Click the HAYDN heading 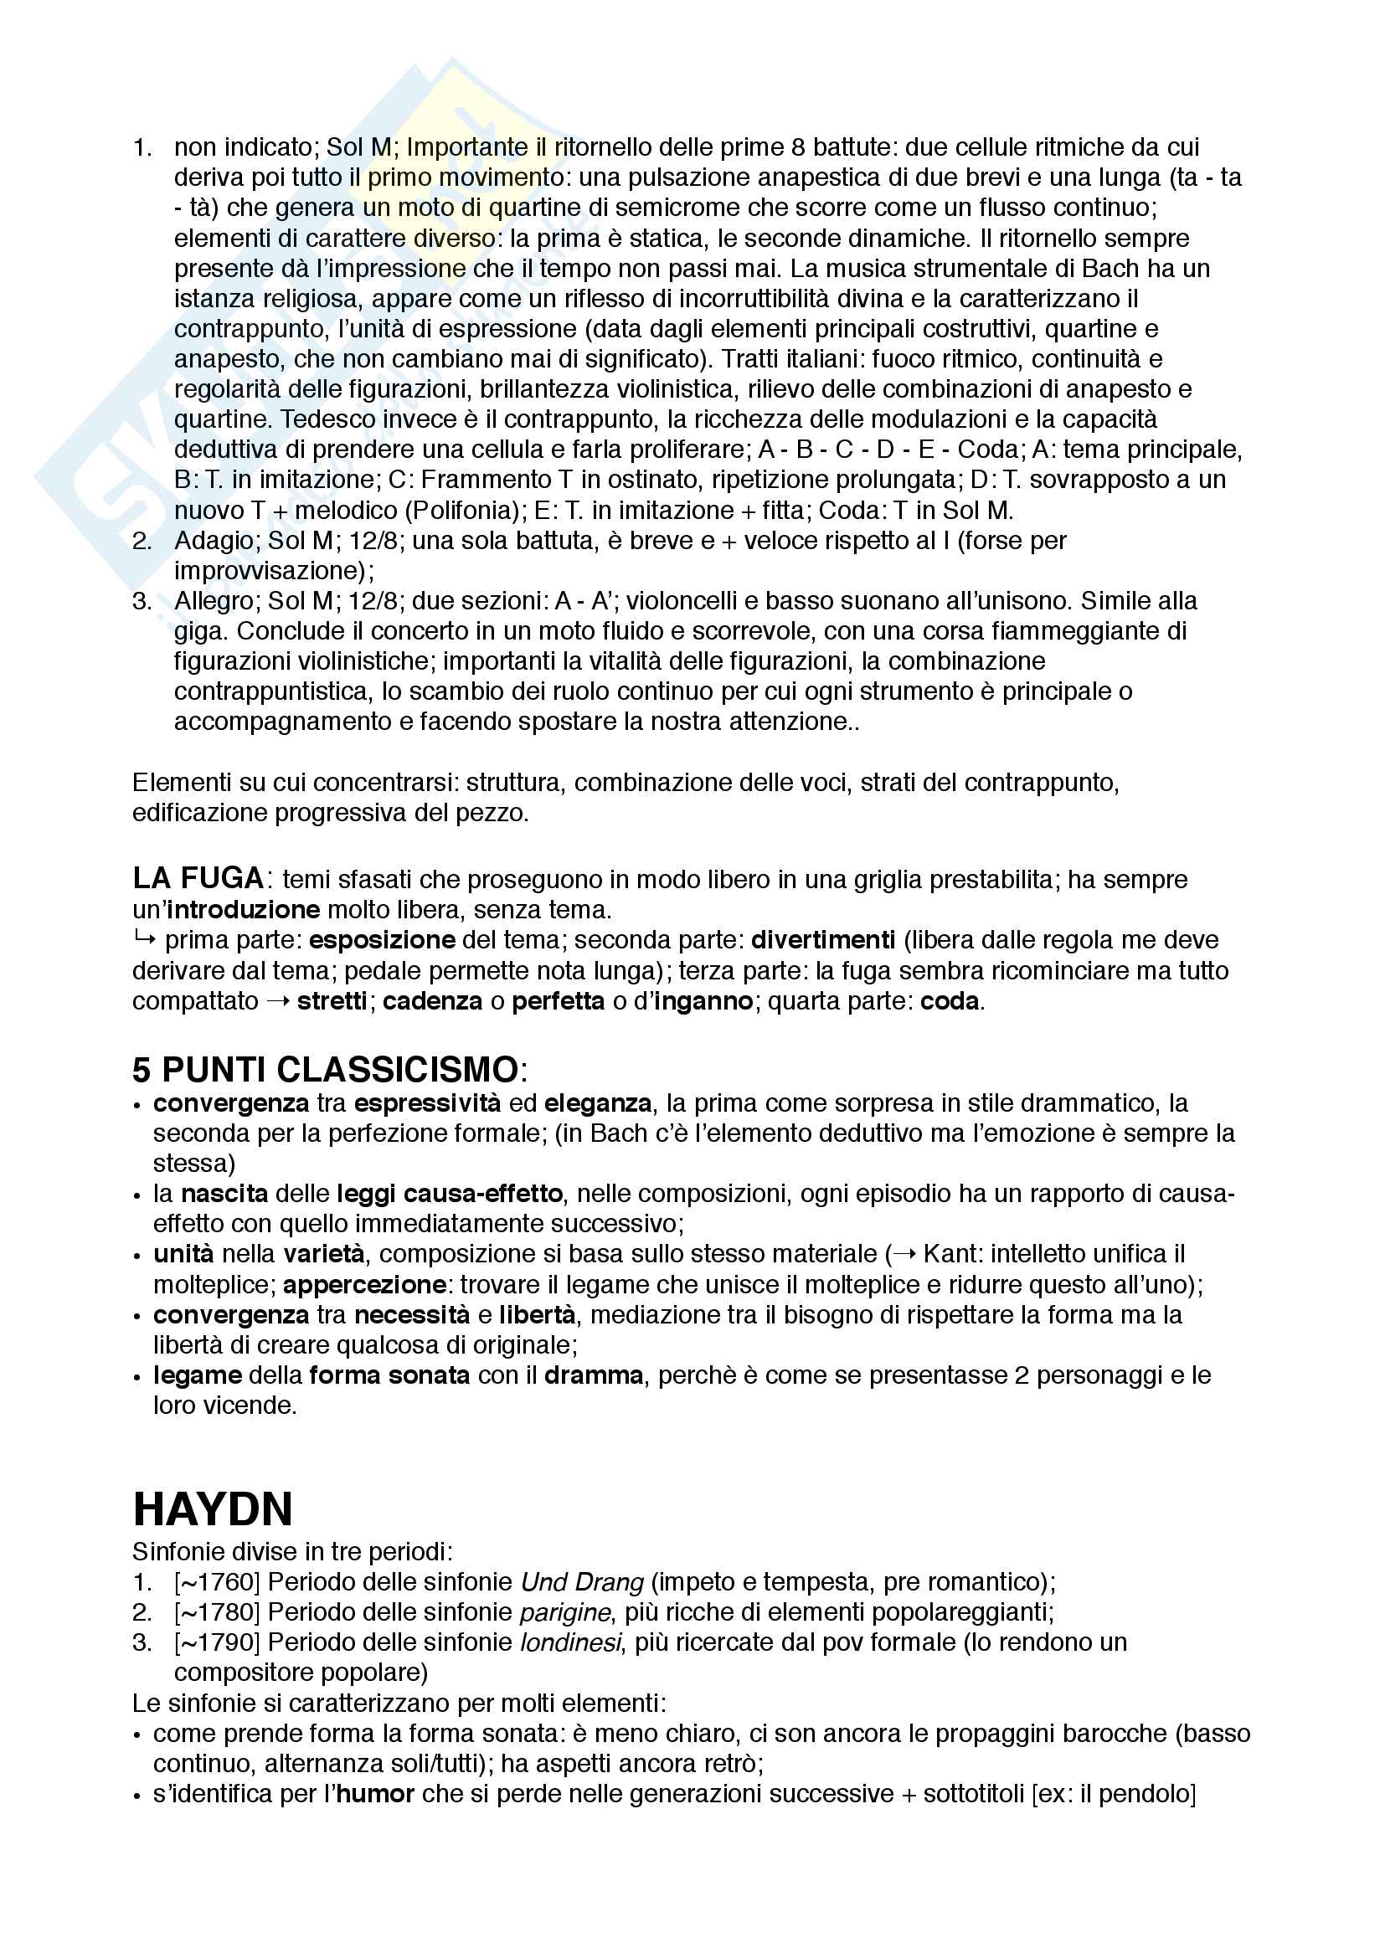[213, 1509]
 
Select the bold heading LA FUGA [198, 878]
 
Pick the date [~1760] [217, 1583]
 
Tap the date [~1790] [217, 1642]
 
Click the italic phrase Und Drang [583, 1583]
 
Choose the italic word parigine [564, 1612]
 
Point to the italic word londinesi [570, 1642]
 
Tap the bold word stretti [332, 1000]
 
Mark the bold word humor [375, 1794]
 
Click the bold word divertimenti [822, 940]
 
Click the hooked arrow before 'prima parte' [144, 940]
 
